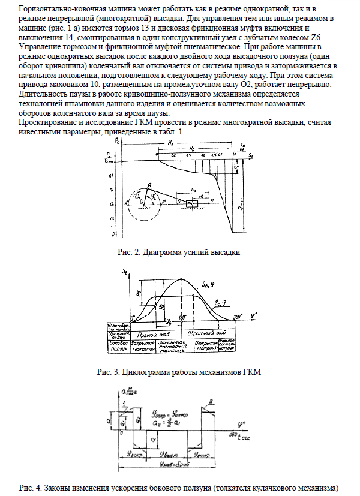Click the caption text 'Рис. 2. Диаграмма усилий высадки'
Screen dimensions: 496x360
179,252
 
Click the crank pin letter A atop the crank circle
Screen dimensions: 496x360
148,185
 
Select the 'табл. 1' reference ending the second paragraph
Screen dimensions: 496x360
175,131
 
